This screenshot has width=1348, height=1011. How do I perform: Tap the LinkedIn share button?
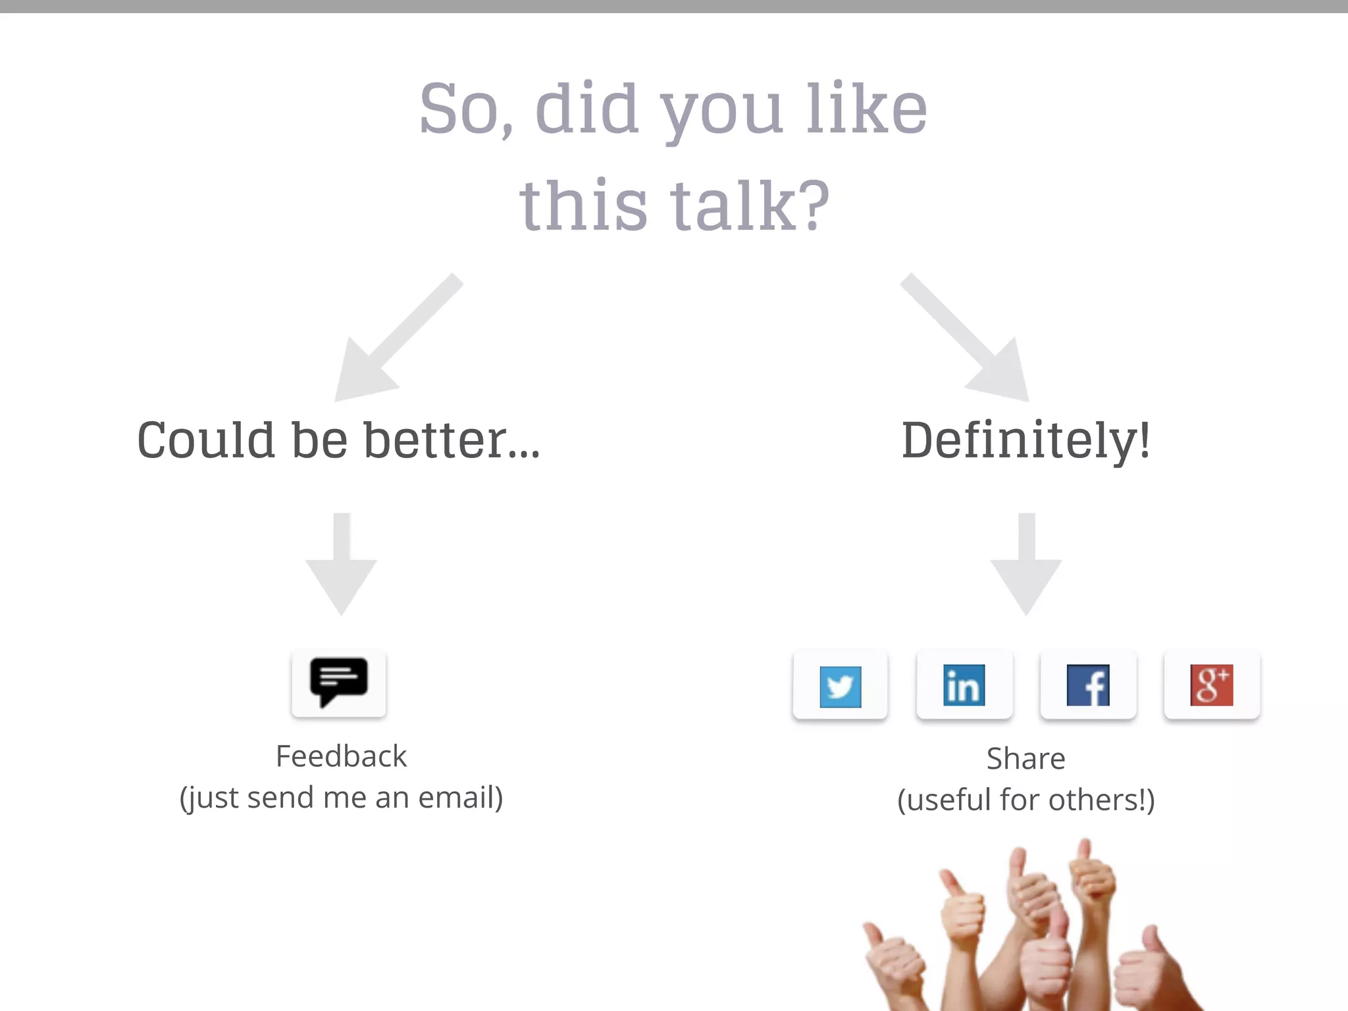tap(964, 686)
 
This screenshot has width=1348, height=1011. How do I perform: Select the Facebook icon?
tap(1087, 686)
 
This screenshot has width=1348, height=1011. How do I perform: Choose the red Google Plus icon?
tap(1211, 685)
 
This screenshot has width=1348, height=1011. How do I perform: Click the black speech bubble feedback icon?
tap(338, 682)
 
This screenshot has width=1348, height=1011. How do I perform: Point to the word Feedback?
tap(341, 756)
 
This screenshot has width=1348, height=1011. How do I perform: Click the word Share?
tap(1025, 759)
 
